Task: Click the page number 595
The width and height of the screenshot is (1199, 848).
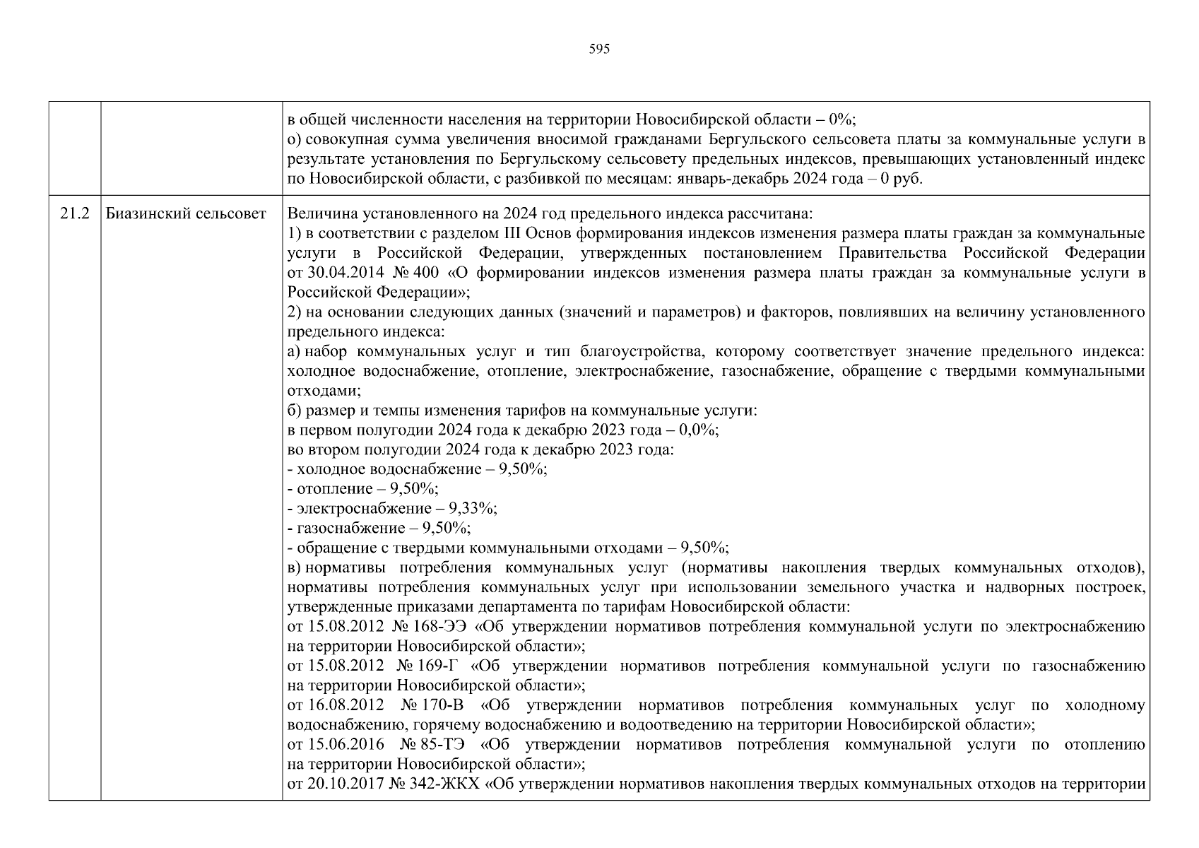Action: pos(598,49)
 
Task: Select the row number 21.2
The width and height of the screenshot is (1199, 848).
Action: pos(74,213)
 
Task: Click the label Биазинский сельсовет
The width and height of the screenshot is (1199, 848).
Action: pos(186,213)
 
